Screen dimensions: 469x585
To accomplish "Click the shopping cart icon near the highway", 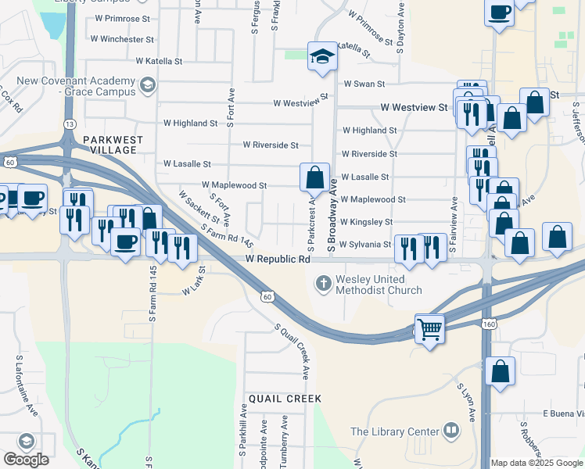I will pos(429,329).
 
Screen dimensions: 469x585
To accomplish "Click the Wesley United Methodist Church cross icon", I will pos(324,282).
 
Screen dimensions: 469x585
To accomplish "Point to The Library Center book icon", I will pos(451,430).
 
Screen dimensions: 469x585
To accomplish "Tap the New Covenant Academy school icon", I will pos(146,85).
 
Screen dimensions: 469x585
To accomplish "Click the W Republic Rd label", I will pos(278,259).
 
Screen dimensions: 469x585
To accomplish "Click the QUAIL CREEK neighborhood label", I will pos(285,399).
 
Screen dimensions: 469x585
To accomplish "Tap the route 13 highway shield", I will pos(70,124).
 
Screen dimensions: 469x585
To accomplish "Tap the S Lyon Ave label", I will pos(467,403).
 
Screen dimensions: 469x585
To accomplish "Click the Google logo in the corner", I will pos(26,459).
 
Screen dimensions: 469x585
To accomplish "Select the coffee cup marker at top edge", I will pos(499,13).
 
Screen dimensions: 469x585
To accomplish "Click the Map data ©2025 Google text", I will pos(536,463).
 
